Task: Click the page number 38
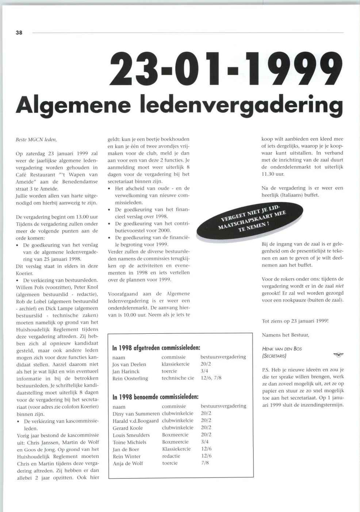point(19,33)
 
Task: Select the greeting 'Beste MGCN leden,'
point(37,140)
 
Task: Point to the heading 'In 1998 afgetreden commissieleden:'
point(156,348)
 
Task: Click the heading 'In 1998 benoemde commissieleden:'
point(156,397)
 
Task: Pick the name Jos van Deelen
point(129,364)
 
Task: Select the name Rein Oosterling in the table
point(130,378)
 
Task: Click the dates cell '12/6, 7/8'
point(211,378)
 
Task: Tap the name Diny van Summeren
point(136,414)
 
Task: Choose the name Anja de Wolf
point(128,463)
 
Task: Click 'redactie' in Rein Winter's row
point(171,456)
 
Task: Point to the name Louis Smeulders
point(131,435)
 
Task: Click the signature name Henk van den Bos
point(282,349)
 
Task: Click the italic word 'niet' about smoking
point(340,286)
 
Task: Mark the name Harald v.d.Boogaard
point(135,421)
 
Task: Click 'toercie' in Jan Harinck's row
point(169,371)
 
